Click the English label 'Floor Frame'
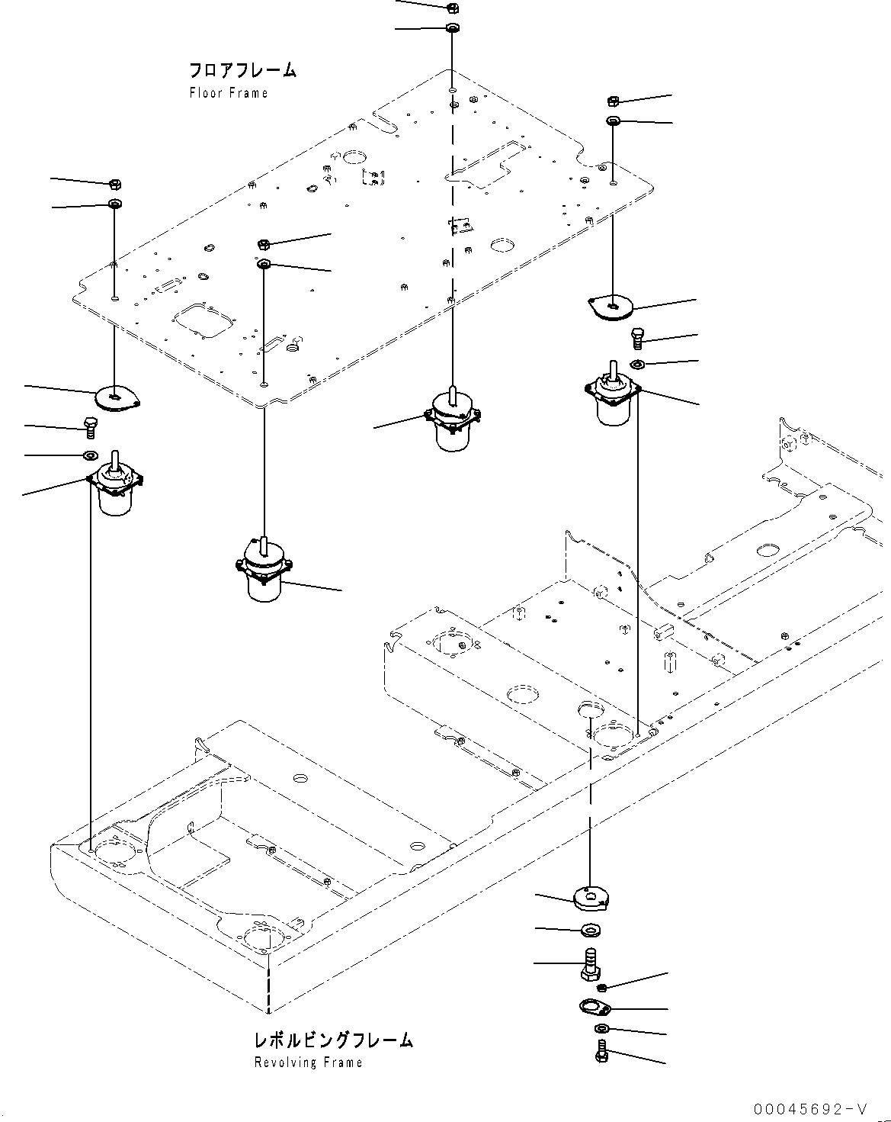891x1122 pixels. click(x=228, y=93)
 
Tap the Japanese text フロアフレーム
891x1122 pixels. click(x=242, y=71)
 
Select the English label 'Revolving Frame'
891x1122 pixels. click(x=308, y=1063)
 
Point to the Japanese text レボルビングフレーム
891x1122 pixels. click(x=333, y=1040)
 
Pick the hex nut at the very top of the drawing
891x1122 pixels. click(x=451, y=8)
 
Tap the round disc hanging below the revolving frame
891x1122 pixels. click(x=591, y=898)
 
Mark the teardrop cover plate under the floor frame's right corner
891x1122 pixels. click(x=612, y=307)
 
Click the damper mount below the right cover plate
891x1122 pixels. click(x=612, y=397)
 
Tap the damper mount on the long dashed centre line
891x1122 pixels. click(x=454, y=420)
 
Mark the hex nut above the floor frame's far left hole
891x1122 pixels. click(x=115, y=184)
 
